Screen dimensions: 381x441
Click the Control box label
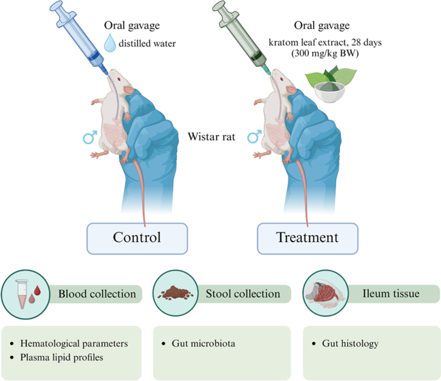tap(136, 238)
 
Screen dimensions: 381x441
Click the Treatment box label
tap(307, 238)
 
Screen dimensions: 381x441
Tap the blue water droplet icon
tap(113, 44)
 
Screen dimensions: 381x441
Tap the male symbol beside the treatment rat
tap(254, 137)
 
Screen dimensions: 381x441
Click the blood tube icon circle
tap(26, 294)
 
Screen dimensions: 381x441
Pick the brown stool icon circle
tap(176, 294)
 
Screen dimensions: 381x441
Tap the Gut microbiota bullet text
tap(205, 344)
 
